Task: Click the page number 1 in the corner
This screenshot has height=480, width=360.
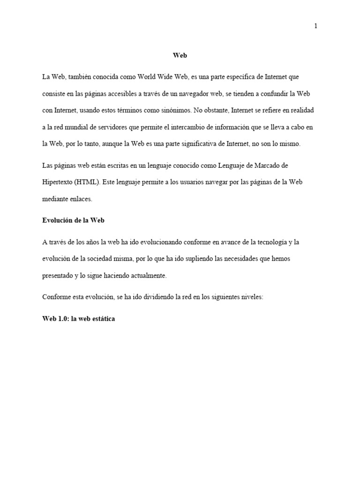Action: point(316,26)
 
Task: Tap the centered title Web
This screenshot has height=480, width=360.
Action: point(180,55)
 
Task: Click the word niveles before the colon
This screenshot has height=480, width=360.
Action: point(251,297)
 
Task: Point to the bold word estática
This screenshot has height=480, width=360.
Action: point(102,319)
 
